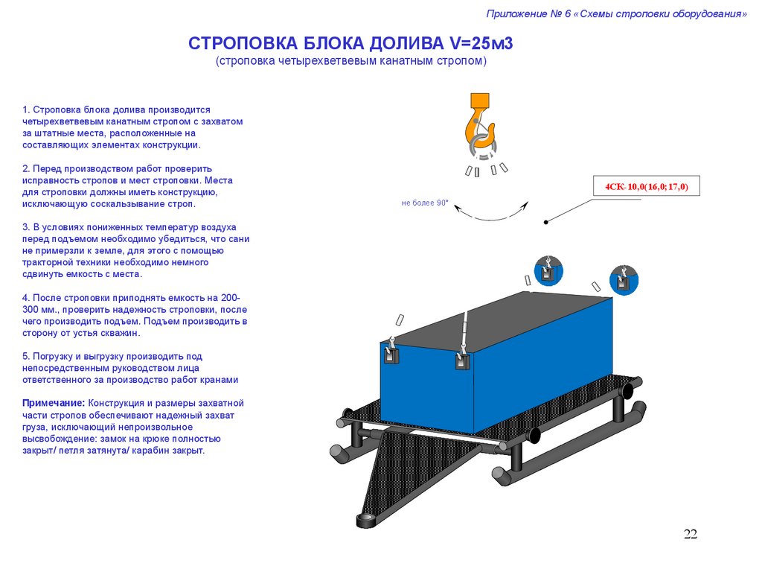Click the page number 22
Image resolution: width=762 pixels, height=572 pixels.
coord(691,534)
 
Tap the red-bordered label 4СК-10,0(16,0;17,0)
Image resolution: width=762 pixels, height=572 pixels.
coord(646,186)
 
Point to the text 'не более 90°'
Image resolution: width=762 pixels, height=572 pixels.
coord(425,203)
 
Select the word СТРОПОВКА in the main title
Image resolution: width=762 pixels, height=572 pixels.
coord(237,43)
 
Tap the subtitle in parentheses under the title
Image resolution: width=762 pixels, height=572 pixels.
coord(351,61)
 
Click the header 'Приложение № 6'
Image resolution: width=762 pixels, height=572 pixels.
coord(528,13)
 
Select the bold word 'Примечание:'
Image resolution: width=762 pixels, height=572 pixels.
coord(54,403)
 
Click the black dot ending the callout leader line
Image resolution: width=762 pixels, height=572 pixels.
coord(546,222)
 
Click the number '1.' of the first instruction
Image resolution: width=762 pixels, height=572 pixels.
coord(26,109)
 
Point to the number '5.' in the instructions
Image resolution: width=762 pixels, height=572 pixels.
coord(26,356)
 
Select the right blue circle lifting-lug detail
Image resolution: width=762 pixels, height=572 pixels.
coord(623,279)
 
